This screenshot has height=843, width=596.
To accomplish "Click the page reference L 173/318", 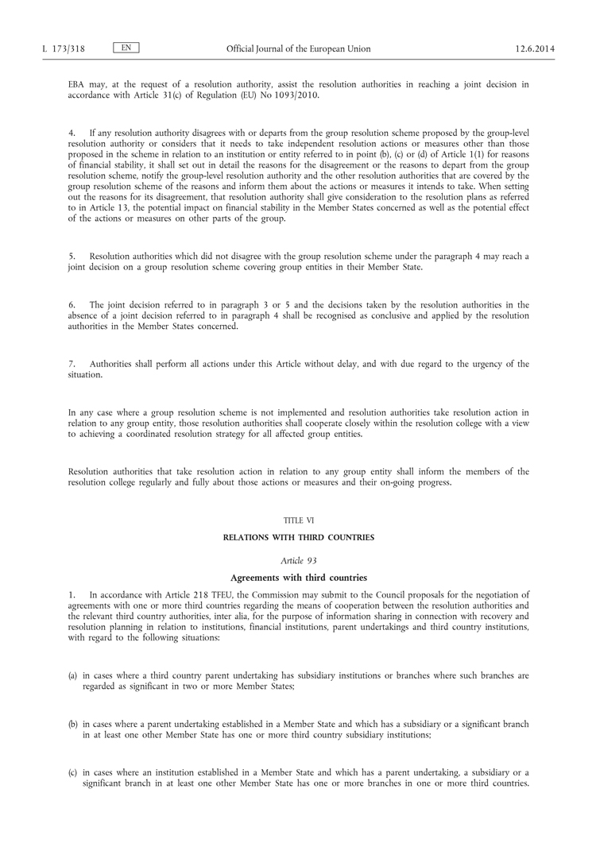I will (x=64, y=49).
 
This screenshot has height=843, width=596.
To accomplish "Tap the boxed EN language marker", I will (x=126, y=48).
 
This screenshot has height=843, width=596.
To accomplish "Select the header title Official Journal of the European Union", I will (x=298, y=49).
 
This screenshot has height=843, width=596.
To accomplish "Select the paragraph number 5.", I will (x=72, y=257).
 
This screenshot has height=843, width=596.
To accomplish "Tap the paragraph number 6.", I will (x=72, y=304).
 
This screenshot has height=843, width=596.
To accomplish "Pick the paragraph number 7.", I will (x=72, y=364).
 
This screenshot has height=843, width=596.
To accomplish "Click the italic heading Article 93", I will (x=299, y=560).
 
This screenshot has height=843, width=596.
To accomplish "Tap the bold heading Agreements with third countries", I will (x=299, y=579).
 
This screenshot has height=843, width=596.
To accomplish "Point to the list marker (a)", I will (x=72, y=675).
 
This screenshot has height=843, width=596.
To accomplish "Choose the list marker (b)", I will (x=72, y=724).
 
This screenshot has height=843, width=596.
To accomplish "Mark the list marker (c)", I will (x=72, y=772).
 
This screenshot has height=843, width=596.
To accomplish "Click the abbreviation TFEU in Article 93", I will (x=215, y=594).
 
